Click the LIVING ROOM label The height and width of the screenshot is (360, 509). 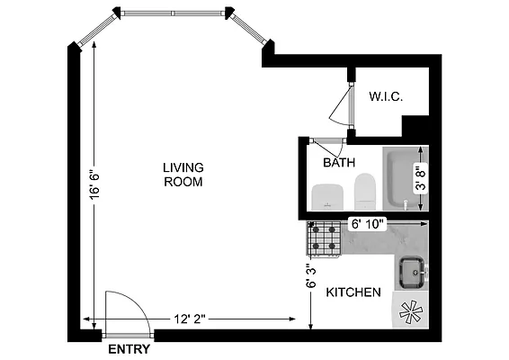(x=183, y=174)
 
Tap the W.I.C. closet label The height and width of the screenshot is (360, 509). (x=385, y=96)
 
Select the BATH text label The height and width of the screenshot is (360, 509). (x=339, y=162)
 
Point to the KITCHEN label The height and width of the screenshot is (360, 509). (x=353, y=292)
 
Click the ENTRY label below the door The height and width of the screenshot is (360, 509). (x=129, y=349)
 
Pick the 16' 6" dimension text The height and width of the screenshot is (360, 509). (x=94, y=189)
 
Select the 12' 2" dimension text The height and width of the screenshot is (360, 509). (x=191, y=319)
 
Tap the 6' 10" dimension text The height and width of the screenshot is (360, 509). (x=367, y=223)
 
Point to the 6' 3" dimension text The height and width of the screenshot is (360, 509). (x=311, y=274)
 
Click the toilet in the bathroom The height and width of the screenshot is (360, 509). (x=365, y=190)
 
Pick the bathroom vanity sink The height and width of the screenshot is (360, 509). (x=325, y=194)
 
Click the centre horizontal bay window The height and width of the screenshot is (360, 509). (x=174, y=13)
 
